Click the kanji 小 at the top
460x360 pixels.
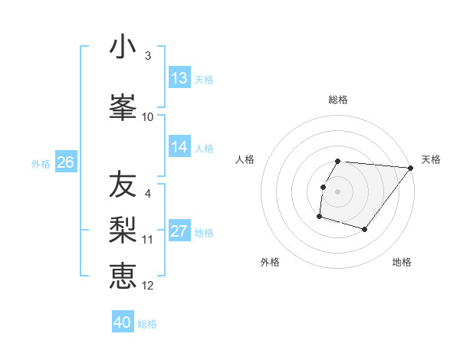[123, 47]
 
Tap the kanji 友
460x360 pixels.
[123, 185]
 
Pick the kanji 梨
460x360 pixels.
[123, 231]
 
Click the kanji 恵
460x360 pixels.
[123, 276]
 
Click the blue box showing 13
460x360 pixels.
[179, 78]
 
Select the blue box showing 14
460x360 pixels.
[179, 147]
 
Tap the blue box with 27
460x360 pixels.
[179, 231]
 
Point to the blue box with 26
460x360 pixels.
[65, 162]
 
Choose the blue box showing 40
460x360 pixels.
[123, 322]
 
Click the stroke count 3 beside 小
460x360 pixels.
[148, 56]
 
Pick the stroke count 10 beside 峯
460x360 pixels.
[148, 116]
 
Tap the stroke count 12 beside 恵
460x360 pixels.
[148, 285]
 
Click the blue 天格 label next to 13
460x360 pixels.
[204, 79]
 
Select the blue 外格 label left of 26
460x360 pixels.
[41, 163]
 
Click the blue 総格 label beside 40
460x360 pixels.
[147, 323]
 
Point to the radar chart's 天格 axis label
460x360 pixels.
[431, 159]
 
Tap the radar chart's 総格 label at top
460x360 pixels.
[338, 100]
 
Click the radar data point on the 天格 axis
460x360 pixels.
[410, 168]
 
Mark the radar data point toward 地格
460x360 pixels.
[365, 229]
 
